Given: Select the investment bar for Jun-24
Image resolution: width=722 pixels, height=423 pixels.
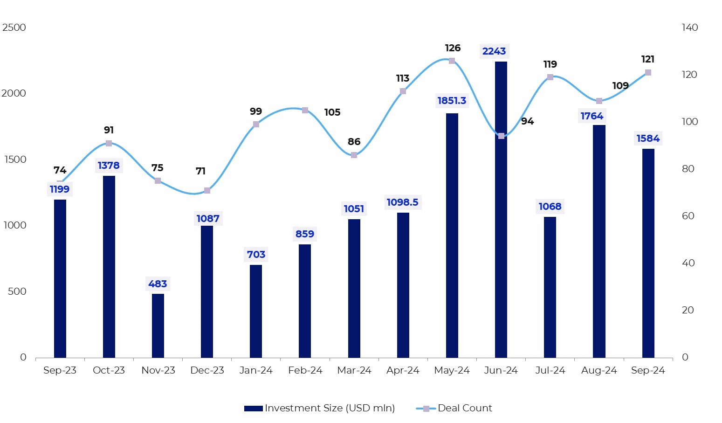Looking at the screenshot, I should point(501,210).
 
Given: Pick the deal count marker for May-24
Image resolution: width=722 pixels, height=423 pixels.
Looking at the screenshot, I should point(452,61).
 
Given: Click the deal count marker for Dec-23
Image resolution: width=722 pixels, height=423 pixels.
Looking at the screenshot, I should point(207,191).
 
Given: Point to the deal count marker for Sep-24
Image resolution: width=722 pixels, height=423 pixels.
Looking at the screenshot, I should point(648,72).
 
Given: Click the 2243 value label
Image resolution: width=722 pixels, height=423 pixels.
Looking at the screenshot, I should point(494,51).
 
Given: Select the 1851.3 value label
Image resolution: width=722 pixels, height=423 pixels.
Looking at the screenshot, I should point(452,101).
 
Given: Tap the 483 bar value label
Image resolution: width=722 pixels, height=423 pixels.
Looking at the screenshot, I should point(158,284).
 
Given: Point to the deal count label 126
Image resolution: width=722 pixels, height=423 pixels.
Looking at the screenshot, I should point(453,48).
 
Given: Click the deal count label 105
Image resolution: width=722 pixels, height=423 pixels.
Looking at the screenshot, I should point(332,112).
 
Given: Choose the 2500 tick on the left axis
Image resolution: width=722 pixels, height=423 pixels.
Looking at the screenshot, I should point(14,28).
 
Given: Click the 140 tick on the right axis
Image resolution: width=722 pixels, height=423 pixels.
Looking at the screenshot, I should point(690,28).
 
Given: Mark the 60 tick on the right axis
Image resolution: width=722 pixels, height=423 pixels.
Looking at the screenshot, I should point(688,216).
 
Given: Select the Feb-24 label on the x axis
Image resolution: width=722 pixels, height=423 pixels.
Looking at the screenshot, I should point(305,370).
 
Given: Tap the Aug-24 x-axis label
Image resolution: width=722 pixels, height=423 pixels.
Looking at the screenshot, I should point(599,370).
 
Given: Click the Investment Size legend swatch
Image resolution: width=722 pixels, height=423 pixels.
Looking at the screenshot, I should point(254,409).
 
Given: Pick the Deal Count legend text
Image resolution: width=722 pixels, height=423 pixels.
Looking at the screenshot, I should point(465,408).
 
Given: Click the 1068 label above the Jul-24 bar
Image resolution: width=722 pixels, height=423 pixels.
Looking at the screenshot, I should point(550,207).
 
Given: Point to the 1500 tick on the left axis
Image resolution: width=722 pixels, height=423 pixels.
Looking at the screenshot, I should point(15,159).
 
